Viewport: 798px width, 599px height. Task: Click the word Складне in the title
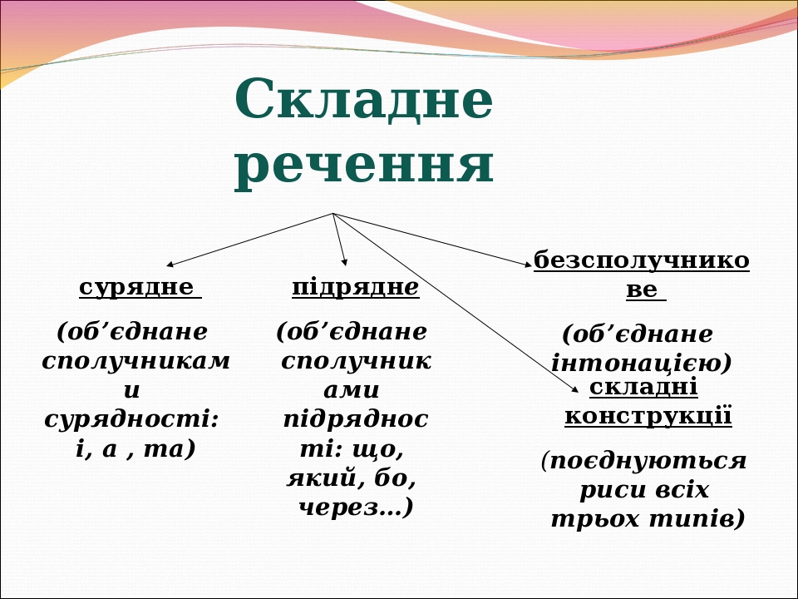[x=363, y=99]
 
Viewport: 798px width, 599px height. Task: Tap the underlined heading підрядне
[x=356, y=288]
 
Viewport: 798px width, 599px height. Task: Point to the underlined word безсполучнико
[x=641, y=260]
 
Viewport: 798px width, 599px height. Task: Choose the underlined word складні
[x=643, y=388]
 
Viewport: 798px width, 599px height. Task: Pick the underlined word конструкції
[x=648, y=416]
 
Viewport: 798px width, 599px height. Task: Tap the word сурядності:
[x=132, y=420]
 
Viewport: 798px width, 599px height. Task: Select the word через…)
[x=356, y=507]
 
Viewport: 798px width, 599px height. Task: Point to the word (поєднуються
[x=643, y=462]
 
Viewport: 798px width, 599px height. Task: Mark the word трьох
[x=595, y=519]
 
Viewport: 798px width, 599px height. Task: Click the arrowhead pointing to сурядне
[x=170, y=265]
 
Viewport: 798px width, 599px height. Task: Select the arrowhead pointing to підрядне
[x=344, y=262]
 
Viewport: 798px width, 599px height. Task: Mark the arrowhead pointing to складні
[x=575, y=389]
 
